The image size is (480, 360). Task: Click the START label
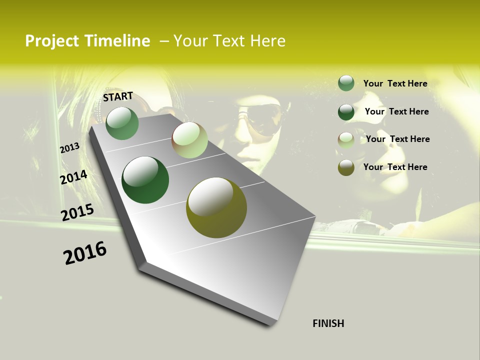118,96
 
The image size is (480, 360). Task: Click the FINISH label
328,323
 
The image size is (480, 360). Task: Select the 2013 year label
70,148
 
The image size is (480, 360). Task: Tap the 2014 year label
73,177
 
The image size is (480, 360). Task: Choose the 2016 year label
85,252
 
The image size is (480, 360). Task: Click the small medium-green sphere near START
122,123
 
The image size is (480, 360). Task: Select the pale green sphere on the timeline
189,140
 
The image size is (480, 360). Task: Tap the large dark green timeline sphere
145,180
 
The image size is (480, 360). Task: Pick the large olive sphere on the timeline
216,207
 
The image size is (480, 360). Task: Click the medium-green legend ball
346,83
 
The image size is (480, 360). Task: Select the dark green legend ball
346,111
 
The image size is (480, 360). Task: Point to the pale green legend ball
346,139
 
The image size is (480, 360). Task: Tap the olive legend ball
346,167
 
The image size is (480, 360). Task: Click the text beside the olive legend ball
395,167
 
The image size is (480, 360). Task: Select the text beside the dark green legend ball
396,111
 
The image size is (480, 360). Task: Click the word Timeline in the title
117,41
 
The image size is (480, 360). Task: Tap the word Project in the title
52,41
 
